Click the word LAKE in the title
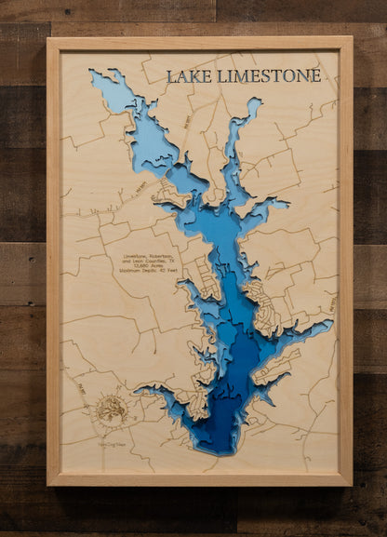click(189, 76)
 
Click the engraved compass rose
click(110, 408)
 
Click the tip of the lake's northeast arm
click(252, 103)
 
